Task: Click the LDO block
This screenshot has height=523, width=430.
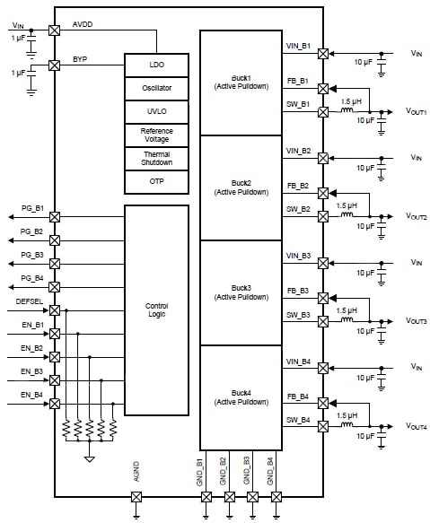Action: pos(156,65)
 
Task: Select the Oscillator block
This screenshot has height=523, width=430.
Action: pos(156,89)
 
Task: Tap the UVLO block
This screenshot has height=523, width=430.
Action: pos(156,112)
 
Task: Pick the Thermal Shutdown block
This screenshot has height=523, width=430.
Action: pos(156,158)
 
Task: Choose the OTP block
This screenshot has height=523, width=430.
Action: pos(156,181)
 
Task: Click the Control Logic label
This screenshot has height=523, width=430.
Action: pos(156,309)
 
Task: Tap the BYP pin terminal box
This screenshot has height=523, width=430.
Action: pos(55,65)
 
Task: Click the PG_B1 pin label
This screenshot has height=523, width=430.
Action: pos(32,208)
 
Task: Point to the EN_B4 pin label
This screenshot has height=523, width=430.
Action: pos(32,395)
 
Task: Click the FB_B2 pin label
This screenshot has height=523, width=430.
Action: pos(298,186)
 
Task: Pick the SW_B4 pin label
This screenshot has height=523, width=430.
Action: pos(298,419)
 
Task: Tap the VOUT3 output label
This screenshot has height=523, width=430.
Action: pos(416,321)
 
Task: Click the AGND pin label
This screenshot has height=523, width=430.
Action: pos(136,472)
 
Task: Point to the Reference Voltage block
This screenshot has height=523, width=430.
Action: pos(156,135)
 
